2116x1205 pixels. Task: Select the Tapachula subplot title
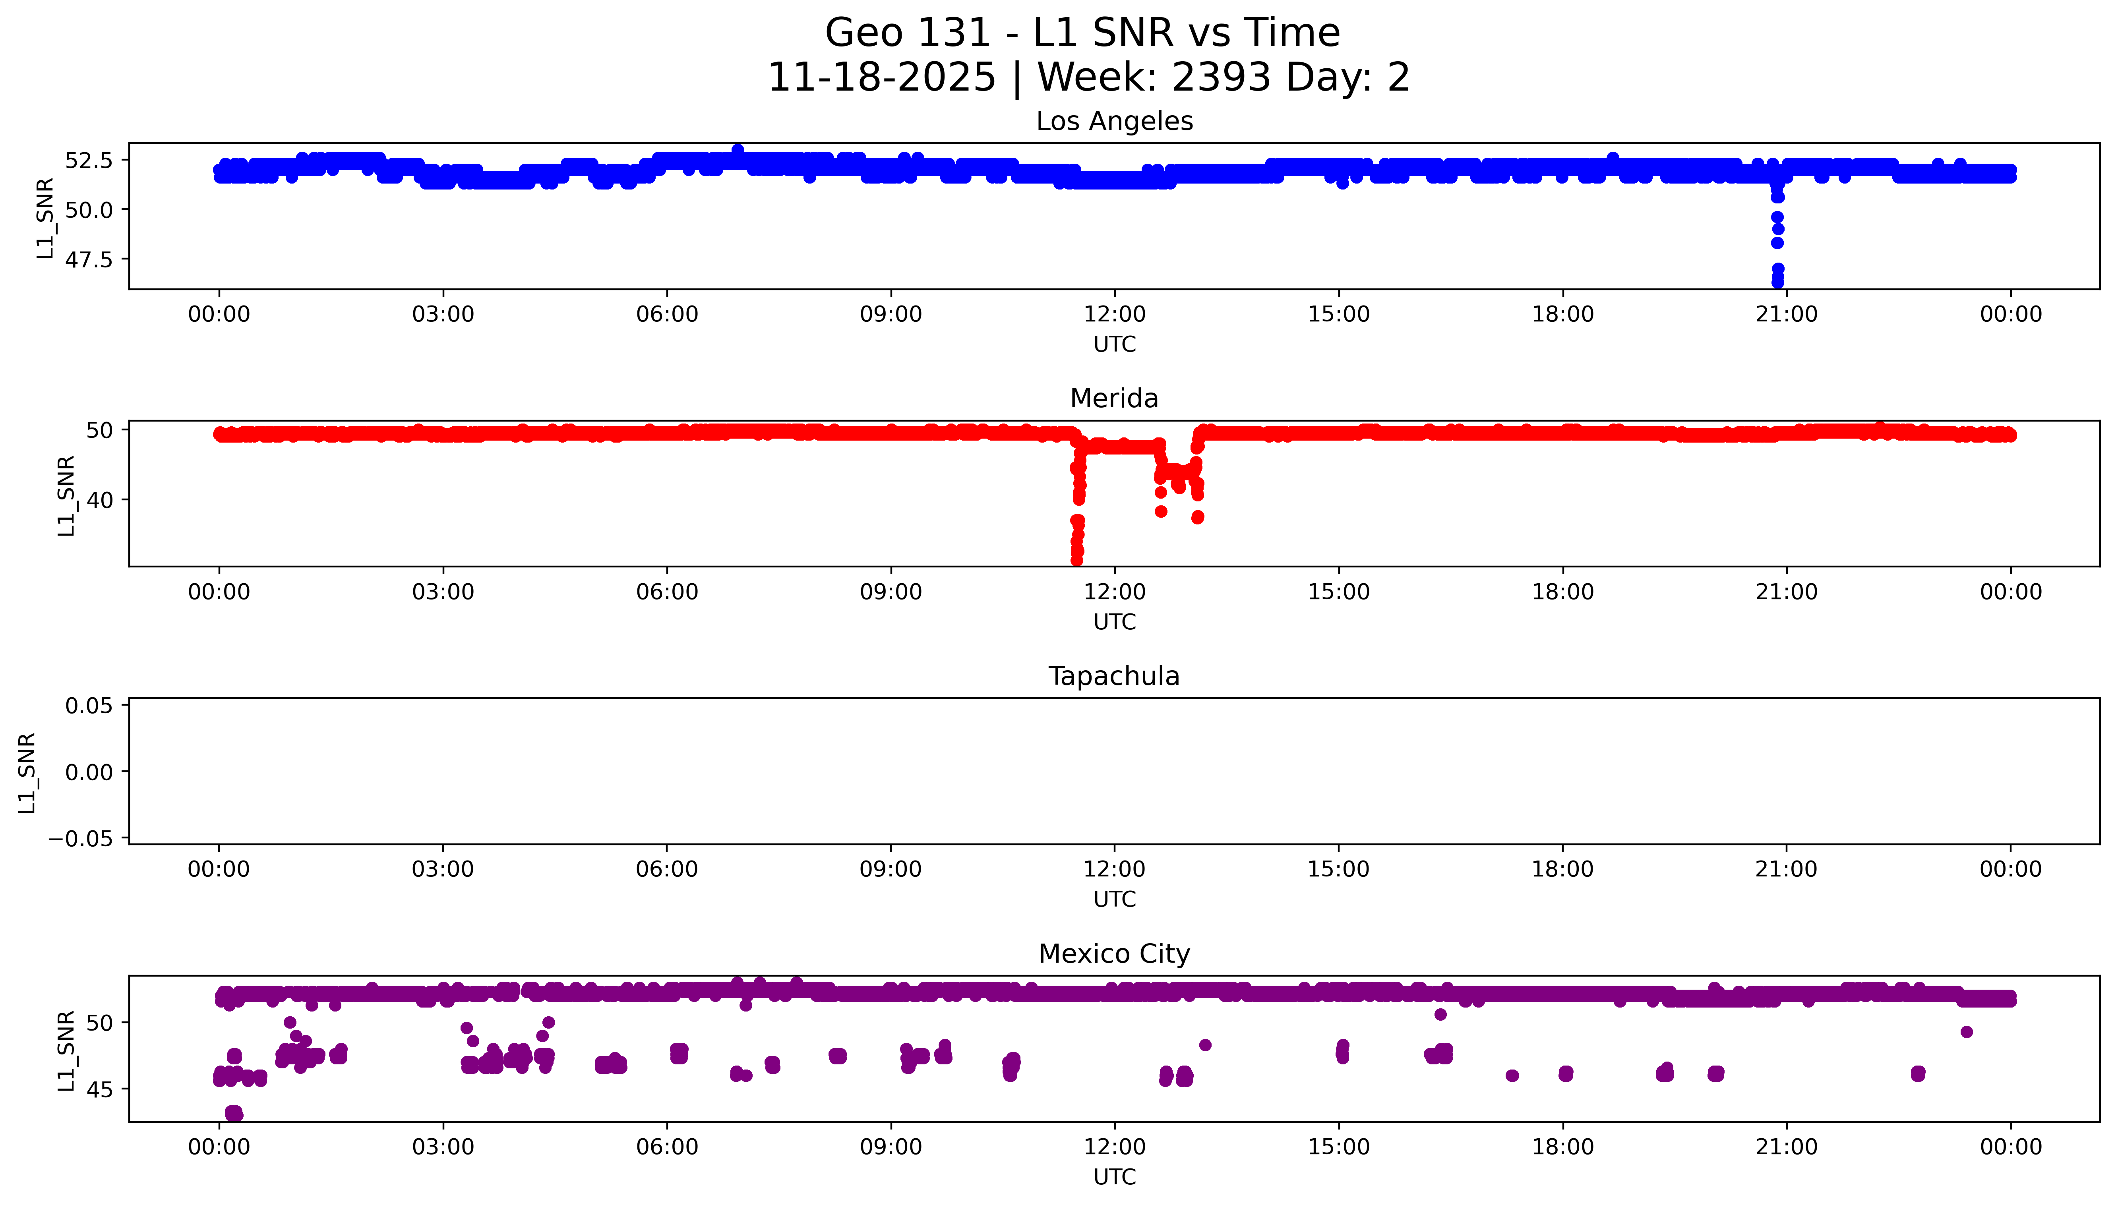[1114, 676]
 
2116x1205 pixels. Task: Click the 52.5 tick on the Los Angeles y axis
[89, 160]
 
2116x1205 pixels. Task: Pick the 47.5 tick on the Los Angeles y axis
[89, 259]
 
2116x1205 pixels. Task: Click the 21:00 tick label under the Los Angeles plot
[1787, 315]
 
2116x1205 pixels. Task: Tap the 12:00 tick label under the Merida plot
[1115, 592]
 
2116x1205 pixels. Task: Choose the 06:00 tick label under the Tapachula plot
[667, 869]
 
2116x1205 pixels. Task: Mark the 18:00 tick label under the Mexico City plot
[1562, 1147]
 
